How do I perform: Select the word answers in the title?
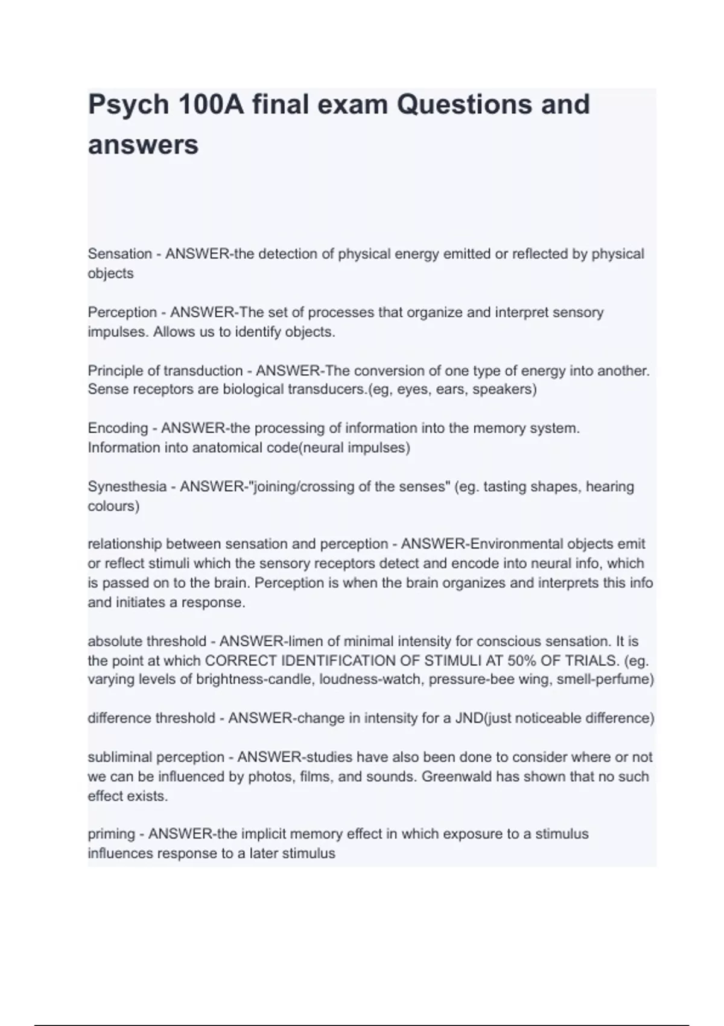point(143,145)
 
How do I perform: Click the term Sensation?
point(120,254)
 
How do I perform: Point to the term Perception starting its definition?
point(122,313)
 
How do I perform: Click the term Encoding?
point(118,429)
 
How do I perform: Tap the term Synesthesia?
point(127,486)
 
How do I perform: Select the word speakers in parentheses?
point(504,389)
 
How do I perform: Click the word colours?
point(113,506)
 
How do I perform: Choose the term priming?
point(112,834)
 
